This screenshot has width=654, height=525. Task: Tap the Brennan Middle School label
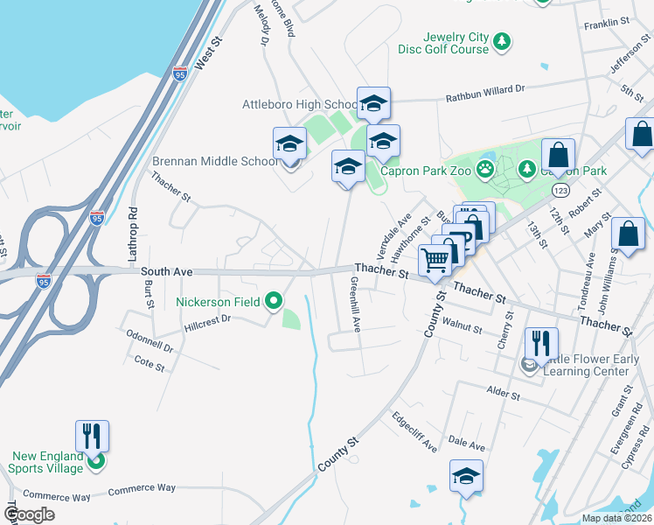pos(215,161)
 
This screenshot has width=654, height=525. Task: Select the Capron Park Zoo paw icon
pos(485,169)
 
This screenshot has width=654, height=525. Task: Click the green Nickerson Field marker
pos(274,302)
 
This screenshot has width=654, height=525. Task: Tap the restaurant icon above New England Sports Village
pos(92,435)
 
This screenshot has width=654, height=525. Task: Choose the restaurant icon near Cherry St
pos(540,343)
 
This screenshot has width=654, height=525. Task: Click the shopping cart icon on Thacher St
pos(435,260)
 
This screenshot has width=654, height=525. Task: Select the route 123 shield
pos(562,189)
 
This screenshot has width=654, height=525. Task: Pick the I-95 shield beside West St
pos(180,75)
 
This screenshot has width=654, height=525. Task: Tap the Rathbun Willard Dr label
pos(484,88)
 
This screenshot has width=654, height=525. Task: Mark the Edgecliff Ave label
pos(414,431)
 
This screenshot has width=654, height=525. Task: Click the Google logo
pos(29,514)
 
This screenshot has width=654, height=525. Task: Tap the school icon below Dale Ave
pos(466,477)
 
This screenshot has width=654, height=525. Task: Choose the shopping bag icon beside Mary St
pos(627,234)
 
